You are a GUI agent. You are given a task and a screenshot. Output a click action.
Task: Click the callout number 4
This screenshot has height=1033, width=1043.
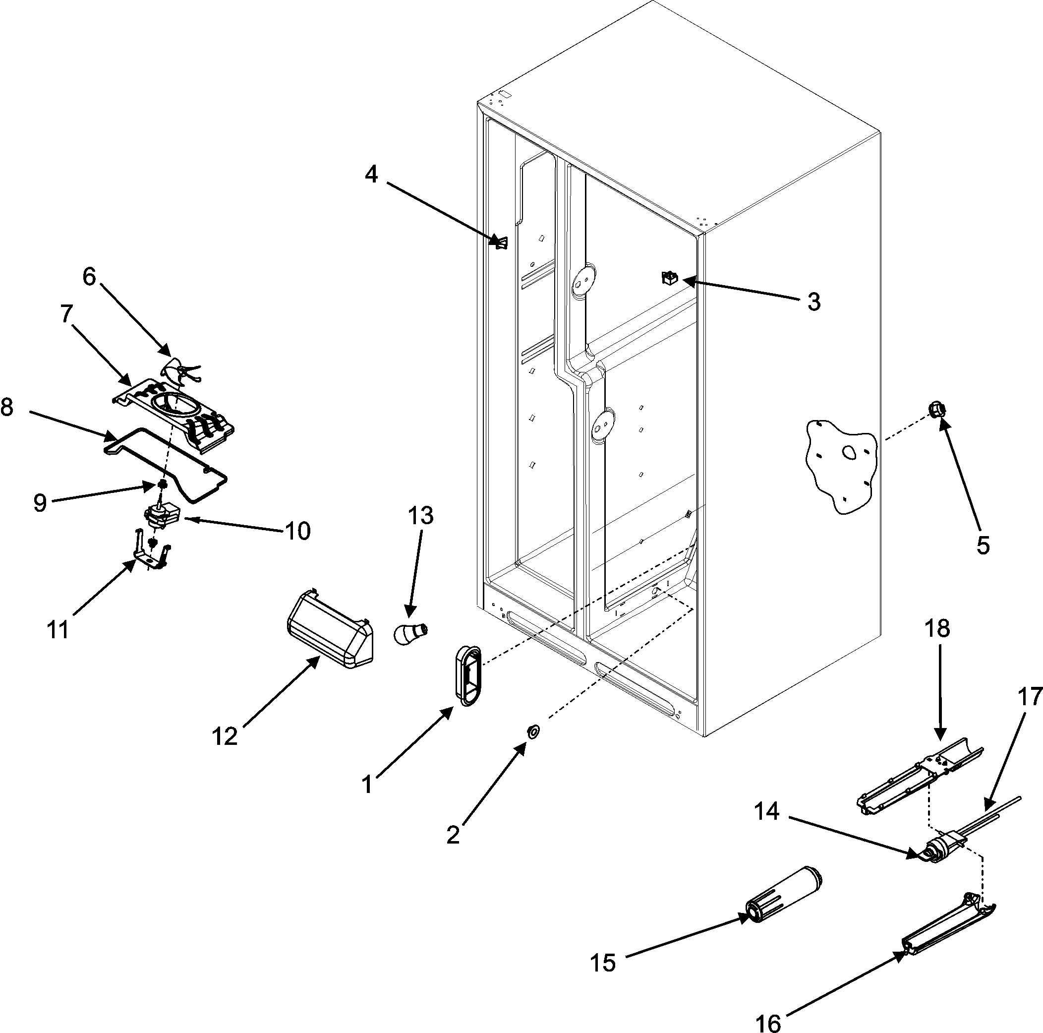(x=371, y=175)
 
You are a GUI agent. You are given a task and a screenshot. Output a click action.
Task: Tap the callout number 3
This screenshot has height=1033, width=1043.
(x=814, y=303)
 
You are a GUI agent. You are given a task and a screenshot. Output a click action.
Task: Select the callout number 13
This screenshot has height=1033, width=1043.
(x=420, y=516)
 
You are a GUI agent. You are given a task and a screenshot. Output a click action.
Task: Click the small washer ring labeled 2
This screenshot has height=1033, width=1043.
(x=533, y=732)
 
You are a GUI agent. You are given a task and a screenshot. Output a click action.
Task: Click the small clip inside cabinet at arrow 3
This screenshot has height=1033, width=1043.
(x=669, y=278)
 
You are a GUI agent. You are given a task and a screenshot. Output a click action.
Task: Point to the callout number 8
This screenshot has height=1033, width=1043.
(x=7, y=408)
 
